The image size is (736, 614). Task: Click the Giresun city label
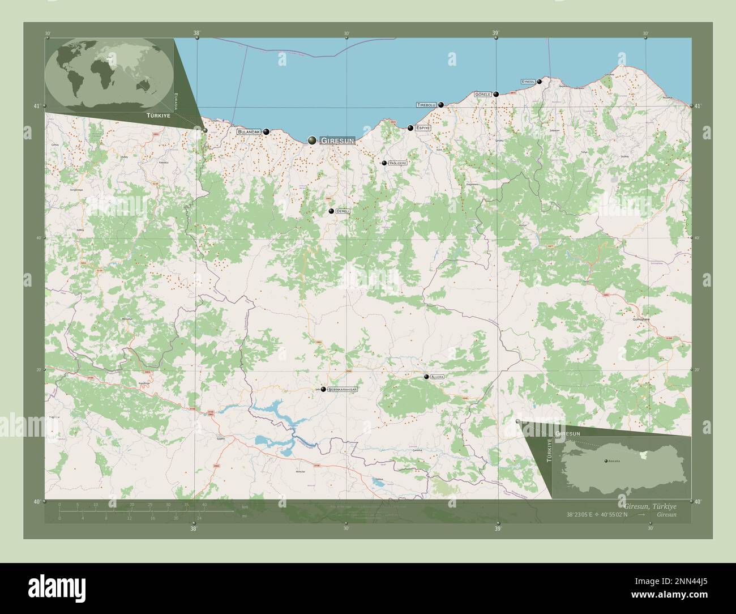click(337, 140)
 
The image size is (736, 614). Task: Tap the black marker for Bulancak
click(266, 131)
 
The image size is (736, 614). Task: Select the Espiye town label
click(423, 128)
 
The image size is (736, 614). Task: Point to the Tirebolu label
click(426, 105)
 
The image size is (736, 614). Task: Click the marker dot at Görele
click(496, 94)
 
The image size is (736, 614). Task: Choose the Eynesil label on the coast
click(528, 82)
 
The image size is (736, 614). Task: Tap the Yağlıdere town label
click(397, 163)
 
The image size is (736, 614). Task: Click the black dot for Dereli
click(331, 211)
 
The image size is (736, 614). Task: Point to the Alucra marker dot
click(426, 377)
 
